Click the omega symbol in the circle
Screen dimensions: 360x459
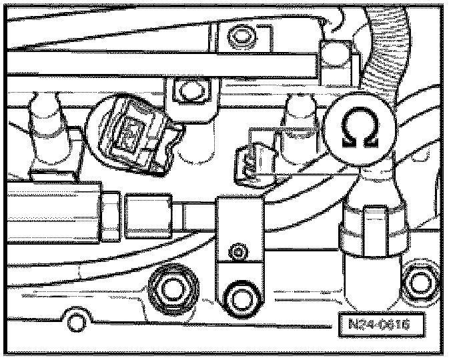[359, 129]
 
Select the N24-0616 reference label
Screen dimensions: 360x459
[378, 325]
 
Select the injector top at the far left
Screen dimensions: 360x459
[45, 110]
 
